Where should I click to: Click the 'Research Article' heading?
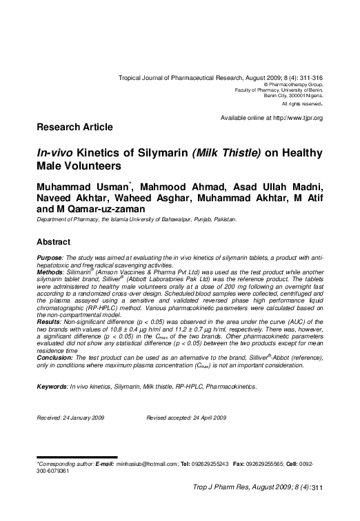(x=74, y=128)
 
